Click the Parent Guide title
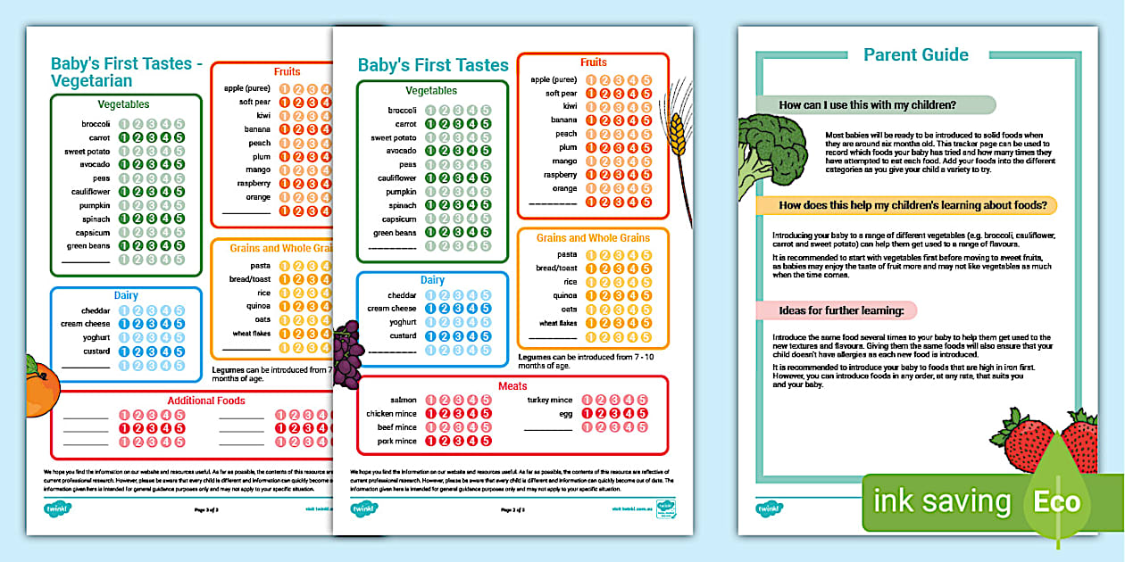coord(915,55)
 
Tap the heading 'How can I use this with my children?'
coord(867,105)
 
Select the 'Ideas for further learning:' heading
coord(836,310)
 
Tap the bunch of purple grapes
coord(347,352)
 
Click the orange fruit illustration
coord(40,380)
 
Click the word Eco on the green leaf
coord(1057,501)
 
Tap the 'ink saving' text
coord(942,502)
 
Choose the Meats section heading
coord(512,386)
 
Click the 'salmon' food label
coord(404,401)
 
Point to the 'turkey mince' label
coord(550,401)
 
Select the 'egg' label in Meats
coord(566,414)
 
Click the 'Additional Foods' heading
coord(206,401)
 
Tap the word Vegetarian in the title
coord(91,81)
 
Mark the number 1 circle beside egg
coord(587,414)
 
